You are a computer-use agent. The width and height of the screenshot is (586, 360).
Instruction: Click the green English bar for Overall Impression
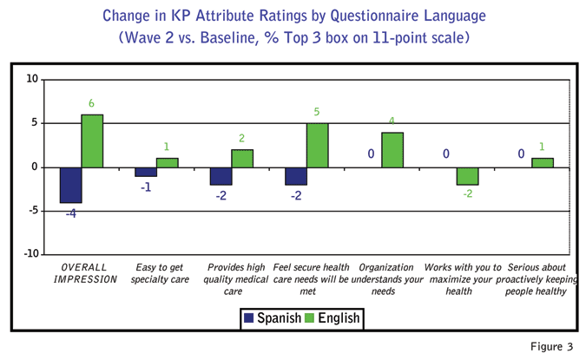(x=93, y=141)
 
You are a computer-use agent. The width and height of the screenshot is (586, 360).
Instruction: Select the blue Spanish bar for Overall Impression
(x=71, y=185)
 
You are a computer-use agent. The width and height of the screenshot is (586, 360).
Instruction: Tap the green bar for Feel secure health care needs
(x=317, y=145)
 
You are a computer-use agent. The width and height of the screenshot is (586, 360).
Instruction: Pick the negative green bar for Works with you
(x=467, y=176)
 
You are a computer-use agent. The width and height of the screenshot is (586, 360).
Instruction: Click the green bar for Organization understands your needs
(x=392, y=149)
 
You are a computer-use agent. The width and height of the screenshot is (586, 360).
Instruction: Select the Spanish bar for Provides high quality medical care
(x=221, y=176)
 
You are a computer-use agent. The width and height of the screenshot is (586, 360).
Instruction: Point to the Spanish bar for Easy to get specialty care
(x=146, y=172)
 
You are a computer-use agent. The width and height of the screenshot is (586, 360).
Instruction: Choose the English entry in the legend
(x=331, y=318)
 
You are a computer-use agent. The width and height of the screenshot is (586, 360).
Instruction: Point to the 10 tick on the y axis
(x=31, y=79)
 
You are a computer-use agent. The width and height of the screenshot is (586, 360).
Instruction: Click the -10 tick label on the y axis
(x=29, y=254)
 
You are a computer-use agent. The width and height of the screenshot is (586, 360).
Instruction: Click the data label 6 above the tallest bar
(x=92, y=104)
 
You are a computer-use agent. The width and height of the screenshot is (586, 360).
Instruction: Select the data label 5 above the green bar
(x=318, y=112)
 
